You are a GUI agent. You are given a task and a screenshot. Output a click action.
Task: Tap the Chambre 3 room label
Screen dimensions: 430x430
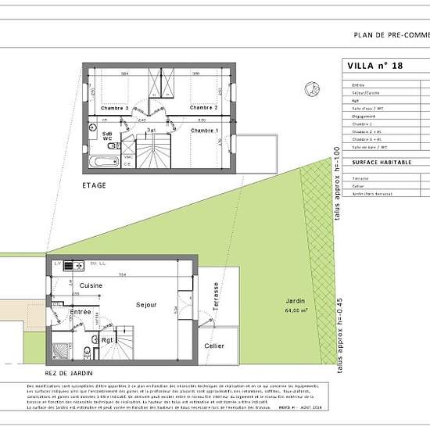coord(115,107)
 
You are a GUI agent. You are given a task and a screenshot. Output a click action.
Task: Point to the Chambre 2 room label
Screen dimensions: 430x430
coord(203,107)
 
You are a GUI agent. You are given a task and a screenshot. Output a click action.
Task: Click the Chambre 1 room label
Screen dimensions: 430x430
coord(206,131)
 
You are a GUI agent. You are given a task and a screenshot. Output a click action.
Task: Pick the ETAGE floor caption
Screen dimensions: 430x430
coord(94,185)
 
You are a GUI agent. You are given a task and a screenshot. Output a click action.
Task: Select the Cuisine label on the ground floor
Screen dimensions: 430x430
coord(91,286)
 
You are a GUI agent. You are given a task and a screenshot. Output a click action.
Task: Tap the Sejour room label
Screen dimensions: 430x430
coord(146,304)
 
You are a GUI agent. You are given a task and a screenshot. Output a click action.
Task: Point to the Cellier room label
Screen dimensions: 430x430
coord(213,346)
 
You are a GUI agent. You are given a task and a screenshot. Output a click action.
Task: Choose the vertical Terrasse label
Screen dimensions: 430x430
coord(216,298)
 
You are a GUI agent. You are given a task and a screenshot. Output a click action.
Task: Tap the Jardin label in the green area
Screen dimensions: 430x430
coord(295,301)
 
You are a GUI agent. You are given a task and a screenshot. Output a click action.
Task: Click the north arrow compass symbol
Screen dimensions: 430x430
coord(311,88)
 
